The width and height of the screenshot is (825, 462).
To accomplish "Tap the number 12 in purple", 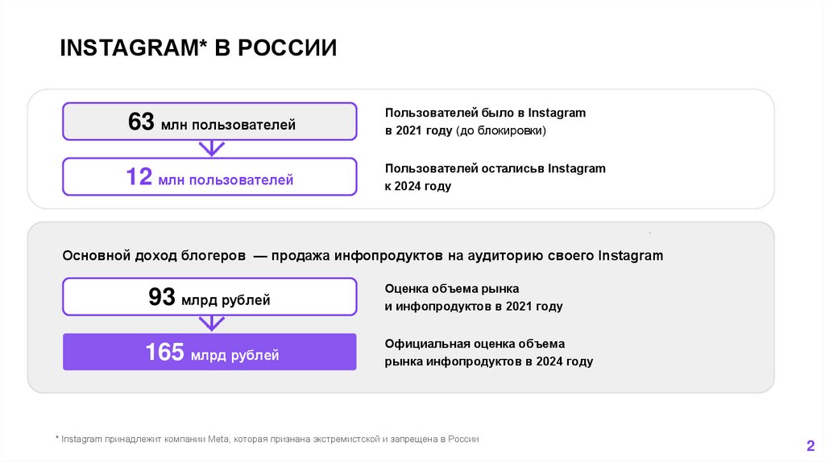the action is pyautogui.click(x=139, y=177).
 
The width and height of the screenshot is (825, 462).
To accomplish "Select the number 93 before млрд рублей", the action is pyautogui.click(x=161, y=298).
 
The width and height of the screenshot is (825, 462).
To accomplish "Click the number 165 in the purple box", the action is pyautogui.click(x=164, y=353).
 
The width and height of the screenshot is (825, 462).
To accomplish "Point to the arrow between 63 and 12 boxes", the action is pyautogui.click(x=210, y=148).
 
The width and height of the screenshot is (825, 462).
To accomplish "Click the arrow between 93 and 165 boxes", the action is pyautogui.click(x=210, y=324).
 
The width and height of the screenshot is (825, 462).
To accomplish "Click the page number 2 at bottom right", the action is pyautogui.click(x=810, y=446).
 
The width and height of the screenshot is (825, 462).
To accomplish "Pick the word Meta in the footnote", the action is pyautogui.click(x=219, y=439).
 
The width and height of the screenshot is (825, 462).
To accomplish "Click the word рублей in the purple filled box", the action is pyautogui.click(x=255, y=354).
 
